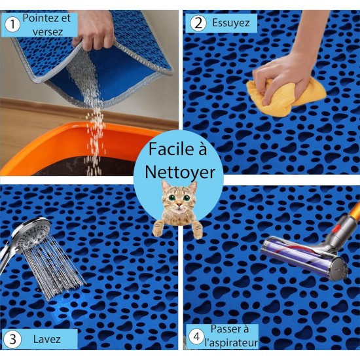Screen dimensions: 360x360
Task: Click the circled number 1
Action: click(12, 25)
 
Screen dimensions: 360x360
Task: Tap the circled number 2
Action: click(198, 23)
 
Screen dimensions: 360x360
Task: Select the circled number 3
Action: click(13, 339)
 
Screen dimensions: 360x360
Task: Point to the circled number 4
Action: click(196, 337)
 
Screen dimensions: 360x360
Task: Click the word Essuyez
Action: click(231, 23)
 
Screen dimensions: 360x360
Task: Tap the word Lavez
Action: click(47, 339)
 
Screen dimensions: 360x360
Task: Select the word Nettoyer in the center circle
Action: click(180, 173)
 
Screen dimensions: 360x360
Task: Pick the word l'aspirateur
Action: click(231, 343)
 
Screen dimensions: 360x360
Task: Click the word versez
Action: click(48, 32)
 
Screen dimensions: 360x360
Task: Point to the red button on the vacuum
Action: click(336, 228)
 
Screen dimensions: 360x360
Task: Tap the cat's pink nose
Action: click(178, 204)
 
